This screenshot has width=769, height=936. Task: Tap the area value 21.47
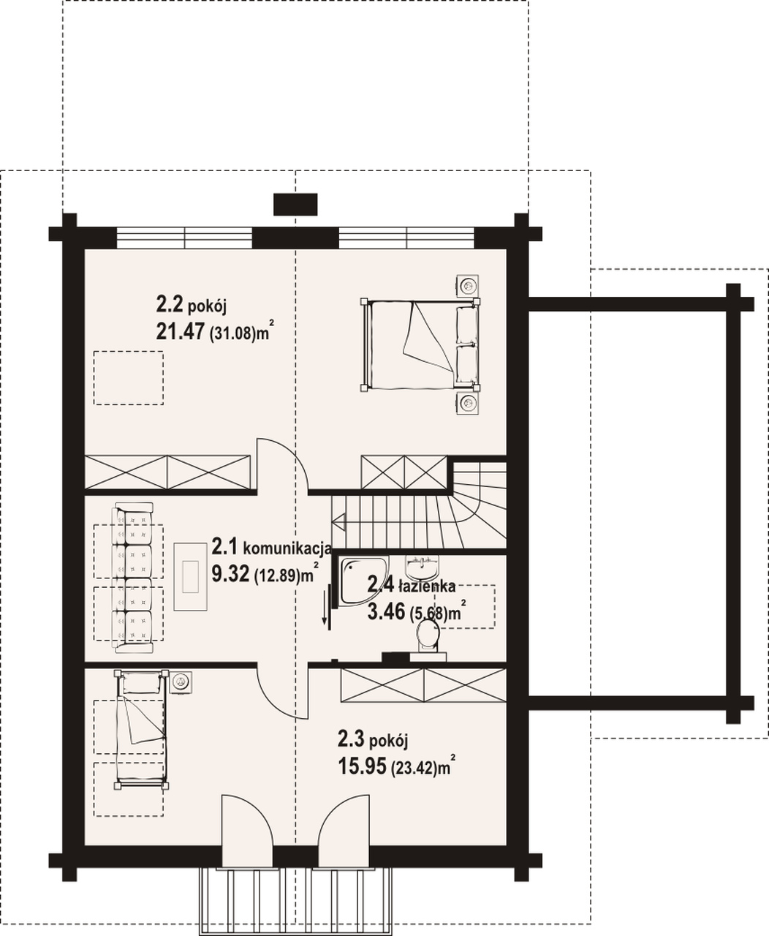[x=180, y=331]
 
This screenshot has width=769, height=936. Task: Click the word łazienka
[x=427, y=586]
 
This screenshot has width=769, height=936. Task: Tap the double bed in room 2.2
[x=420, y=344]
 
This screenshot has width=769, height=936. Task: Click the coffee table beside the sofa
[x=191, y=577]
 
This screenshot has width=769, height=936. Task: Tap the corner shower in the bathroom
[x=363, y=580]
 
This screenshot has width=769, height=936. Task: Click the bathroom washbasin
[x=422, y=565]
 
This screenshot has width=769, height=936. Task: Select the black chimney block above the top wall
[x=295, y=204]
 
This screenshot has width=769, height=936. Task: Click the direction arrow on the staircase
[x=339, y=520]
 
